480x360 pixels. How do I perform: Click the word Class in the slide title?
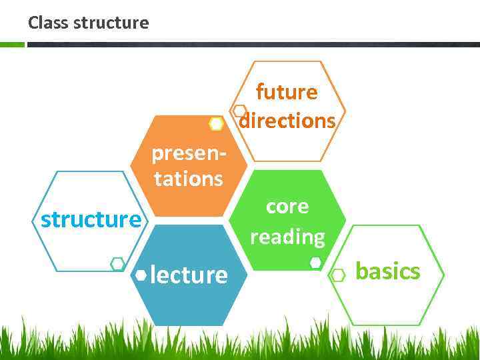click(48, 23)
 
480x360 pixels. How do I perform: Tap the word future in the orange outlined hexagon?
click(287, 92)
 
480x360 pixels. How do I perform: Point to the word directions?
click(288, 121)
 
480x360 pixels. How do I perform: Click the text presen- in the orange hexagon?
click(189, 153)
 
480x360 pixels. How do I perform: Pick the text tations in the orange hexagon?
click(189, 179)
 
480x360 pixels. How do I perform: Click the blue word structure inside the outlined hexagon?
click(91, 219)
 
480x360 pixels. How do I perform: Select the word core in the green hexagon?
click(287, 207)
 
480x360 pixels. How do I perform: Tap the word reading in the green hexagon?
click(287, 236)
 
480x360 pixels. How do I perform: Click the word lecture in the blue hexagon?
click(189, 274)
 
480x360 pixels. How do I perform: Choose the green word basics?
click(388, 271)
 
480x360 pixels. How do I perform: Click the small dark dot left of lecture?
click(141, 274)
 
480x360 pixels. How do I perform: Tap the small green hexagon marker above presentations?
click(216, 124)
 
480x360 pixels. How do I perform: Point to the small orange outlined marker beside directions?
click(240, 111)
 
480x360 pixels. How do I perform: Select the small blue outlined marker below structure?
click(117, 264)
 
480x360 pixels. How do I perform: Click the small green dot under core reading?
click(316, 263)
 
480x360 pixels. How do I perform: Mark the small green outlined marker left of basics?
click(338, 275)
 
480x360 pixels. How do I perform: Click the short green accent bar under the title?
click(12, 45)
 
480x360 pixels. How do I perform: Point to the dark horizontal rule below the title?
click(253, 45)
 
